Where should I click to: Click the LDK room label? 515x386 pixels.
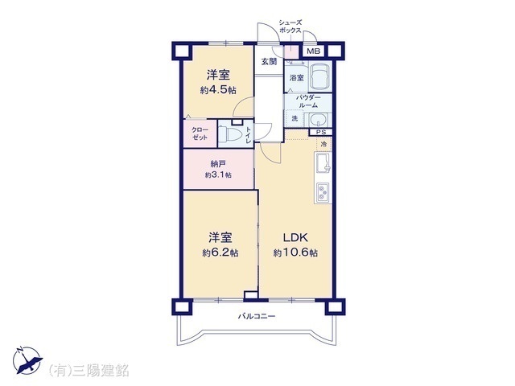click(295, 237)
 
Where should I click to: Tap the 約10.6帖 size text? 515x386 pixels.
click(295, 253)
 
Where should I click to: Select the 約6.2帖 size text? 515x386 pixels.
click(220, 253)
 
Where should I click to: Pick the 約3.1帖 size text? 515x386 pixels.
click(217, 174)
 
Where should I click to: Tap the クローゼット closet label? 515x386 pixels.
click(200, 134)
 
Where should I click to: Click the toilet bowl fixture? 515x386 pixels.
click(234, 134)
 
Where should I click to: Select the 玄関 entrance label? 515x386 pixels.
click(268, 61)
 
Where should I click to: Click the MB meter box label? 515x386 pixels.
click(314, 52)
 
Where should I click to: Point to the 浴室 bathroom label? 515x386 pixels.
click(296, 78)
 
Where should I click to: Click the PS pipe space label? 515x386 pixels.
click(320, 133)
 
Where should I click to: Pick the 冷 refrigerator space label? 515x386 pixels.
click(324, 145)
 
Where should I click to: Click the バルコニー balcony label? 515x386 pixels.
click(257, 316)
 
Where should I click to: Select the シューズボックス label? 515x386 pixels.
click(290, 26)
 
